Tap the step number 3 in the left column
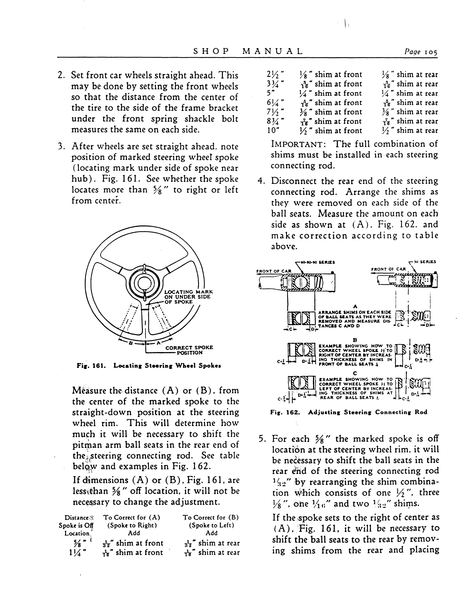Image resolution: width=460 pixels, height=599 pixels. pos(61,147)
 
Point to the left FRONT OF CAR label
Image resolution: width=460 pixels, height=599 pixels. pos(274,271)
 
